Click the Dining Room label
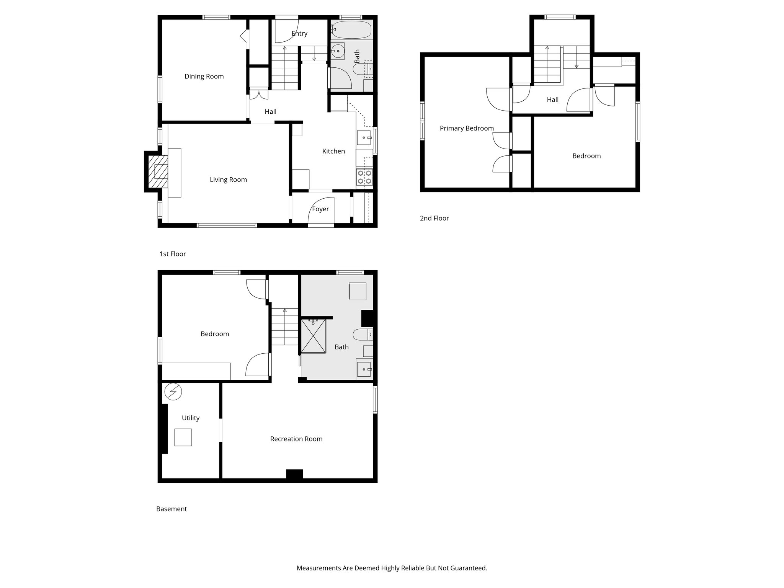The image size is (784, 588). (204, 76)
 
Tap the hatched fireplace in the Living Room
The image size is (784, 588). (158, 171)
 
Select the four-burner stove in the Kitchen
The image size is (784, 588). (364, 177)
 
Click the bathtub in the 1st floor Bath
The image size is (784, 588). (351, 30)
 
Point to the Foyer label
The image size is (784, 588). (320, 209)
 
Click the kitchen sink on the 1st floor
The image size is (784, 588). (364, 137)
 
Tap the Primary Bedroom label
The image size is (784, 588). (467, 128)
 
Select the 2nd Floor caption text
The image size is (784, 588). (434, 218)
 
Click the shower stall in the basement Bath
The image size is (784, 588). (314, 336)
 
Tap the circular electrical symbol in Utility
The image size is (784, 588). (173, 392)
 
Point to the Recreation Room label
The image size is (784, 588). (296, 439)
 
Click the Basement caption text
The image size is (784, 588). (171, 509)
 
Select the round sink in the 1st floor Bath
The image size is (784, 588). (338, 51)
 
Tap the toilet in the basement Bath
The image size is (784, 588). (362, 335)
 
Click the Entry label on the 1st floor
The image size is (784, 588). (299, 33)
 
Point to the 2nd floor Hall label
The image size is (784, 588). (552, 100)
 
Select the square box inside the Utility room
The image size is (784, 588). (183, 437)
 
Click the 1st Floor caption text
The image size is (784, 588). (173, 254)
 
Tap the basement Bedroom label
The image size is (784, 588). (215, 334)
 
